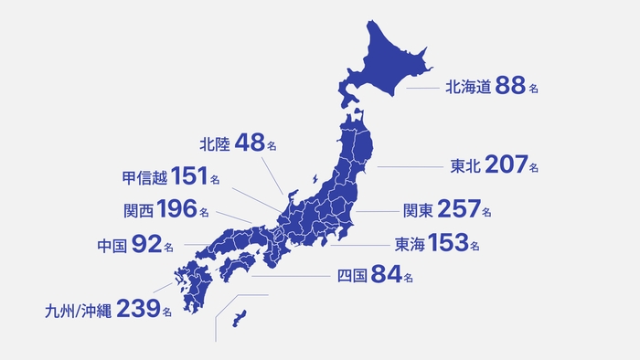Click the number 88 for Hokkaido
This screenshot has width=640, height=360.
[511, 87]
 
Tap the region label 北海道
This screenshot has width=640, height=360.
[469, 88]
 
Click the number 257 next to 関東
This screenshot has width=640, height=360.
[459, 209]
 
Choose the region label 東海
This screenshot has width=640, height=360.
[409, 244]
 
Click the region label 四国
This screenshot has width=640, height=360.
[351, 276]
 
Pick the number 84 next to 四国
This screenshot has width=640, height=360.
[384, 275]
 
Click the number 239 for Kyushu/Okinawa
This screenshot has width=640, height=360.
[138, 310]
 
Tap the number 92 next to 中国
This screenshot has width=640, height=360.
[146, 244]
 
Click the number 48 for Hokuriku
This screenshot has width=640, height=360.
[249, 143]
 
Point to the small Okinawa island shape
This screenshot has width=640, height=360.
[241, 317]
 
